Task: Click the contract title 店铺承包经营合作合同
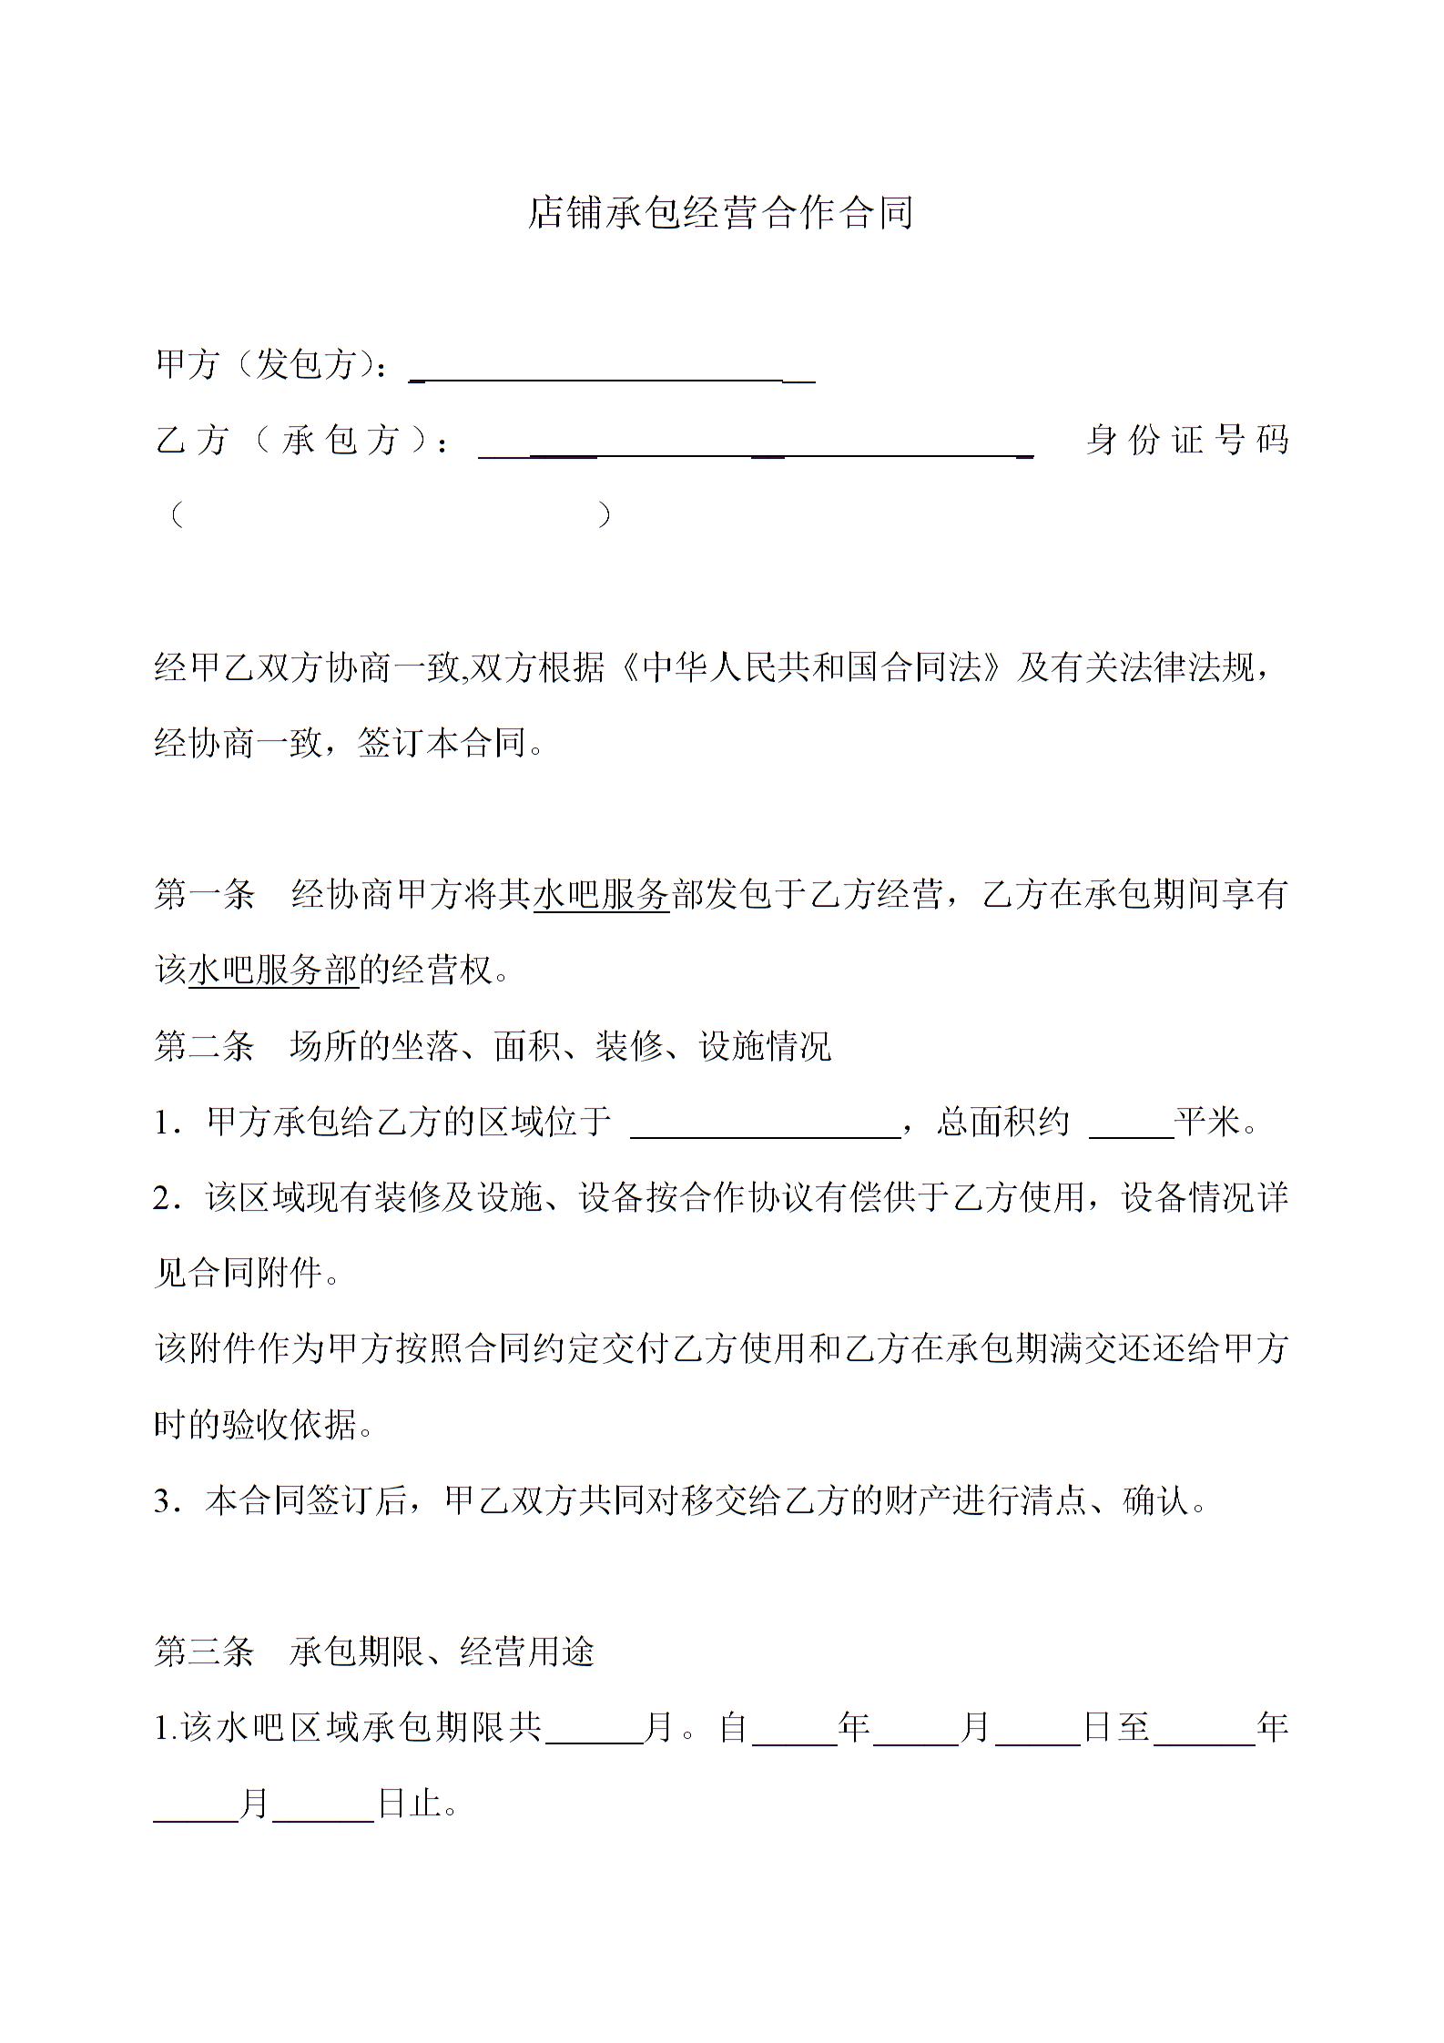(x=720, y=212)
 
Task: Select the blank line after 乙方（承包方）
(x=756, y=450)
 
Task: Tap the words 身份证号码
(x=1187, y=441)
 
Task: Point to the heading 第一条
(x=204, y=894)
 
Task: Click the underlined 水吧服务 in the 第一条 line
(x=601, y=894)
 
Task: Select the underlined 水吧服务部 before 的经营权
(x=273, y=970)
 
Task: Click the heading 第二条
(x=204, y=1046)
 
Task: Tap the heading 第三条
(x=204, y=1652)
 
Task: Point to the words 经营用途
(x=527, y=1652)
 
